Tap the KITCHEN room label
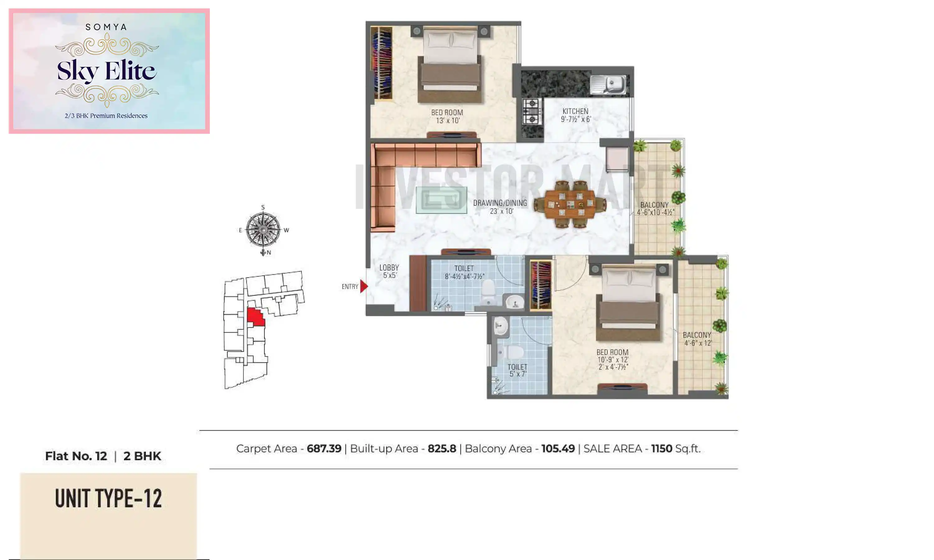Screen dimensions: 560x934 (x=575, y=115)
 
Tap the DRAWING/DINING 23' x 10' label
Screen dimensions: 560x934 (x=500, y=207)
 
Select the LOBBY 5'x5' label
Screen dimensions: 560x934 (x=389, y=271)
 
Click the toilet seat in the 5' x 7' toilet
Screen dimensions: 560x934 (x=510, y=352)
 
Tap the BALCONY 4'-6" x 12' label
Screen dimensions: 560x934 (x=697, y=339)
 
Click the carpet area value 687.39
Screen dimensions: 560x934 (x=324, y=449)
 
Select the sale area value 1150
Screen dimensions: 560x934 (x=661, y=449)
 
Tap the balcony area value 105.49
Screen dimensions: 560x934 (x=558, y=449)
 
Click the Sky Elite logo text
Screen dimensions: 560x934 (x=106, y=71)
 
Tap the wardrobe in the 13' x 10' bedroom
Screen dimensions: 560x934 (x=382, y=63)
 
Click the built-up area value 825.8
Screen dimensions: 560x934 (x=442, y=449)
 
